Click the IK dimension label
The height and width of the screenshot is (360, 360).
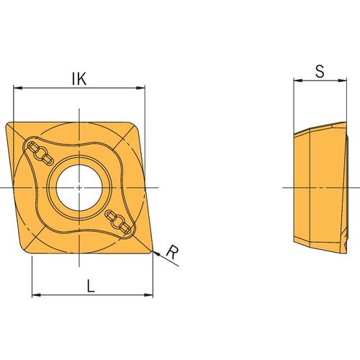[x=79, y=78]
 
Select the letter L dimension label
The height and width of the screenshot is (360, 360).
[x=91, y=286]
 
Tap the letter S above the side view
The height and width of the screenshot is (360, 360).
[x=320, y=71]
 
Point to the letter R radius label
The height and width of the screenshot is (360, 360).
[x=173, y=252]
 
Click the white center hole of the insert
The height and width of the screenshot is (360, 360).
[x=79, y=187]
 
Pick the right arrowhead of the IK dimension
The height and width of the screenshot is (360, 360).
[x=140, y=88]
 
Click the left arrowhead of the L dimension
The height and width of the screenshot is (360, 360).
[x=36, y=294]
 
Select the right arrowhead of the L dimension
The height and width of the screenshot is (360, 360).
[x=148, y=294]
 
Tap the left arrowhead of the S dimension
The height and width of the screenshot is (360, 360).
[x=298, y=81]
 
